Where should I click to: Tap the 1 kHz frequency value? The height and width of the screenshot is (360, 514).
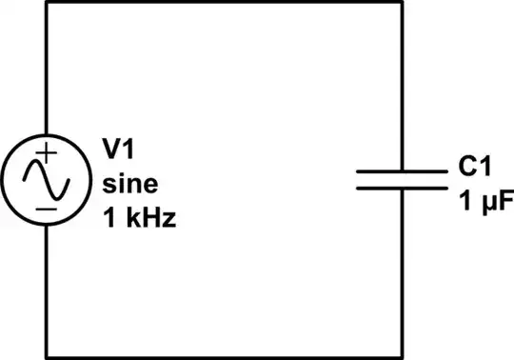[x=139, y=217]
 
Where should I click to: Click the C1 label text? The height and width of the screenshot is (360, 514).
[x=473, y=167]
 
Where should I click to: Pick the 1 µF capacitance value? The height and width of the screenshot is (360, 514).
[x=479, y=201]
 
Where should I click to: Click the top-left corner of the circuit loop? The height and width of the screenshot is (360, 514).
[x=46, y=3]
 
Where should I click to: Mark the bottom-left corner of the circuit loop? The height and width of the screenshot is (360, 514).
[x=46, y=357]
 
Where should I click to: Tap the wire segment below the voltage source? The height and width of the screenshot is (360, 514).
[x=46, y=286]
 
